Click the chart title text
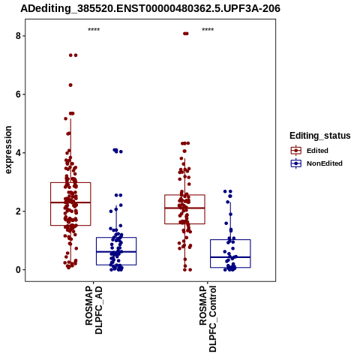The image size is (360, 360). pyautogui.click(x=150, y=8)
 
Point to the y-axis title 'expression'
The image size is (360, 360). pyautogui.click(x=8, y=150)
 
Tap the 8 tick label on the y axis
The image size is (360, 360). pyautogui.click(x=18, y=36)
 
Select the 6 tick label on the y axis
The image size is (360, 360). pyautogui.click(x=18, y=94)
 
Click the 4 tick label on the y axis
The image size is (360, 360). pyautogui.click(x=18, y=153)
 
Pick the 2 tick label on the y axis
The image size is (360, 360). pyautogui.click(x=18, y=211)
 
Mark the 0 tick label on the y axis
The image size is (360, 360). pyautogui.click(x=18, y=270)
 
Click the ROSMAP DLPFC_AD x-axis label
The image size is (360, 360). pyautogui.click(x=94, y=310)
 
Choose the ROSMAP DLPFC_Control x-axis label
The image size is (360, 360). pyautogui.click(x=208, y=319)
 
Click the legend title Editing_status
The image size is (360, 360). pyautogui.click(x=319, y=136)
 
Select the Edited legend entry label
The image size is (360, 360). pyautogui.click(x=317, y=151)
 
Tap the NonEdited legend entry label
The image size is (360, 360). pyautogui.click(x=325, y=163)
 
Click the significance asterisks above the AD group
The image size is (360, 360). pyautogui.click(x=94, y=29)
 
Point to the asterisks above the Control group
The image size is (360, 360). pyautogui.click(x=208, y=29)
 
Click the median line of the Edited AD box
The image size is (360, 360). pyautogui.click(x=70, y=202)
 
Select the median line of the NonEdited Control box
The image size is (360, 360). pyautogui.click(x=230, y=257)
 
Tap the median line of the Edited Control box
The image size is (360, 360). pyautogui.click(x=184, y=208)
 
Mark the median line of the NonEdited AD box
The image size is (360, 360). pyautogui.click(x=116, y=252)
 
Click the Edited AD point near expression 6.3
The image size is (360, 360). pyautogui.click(x=70, y=85)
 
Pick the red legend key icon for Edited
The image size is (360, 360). pyautogui.click(x=296, y=151)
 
